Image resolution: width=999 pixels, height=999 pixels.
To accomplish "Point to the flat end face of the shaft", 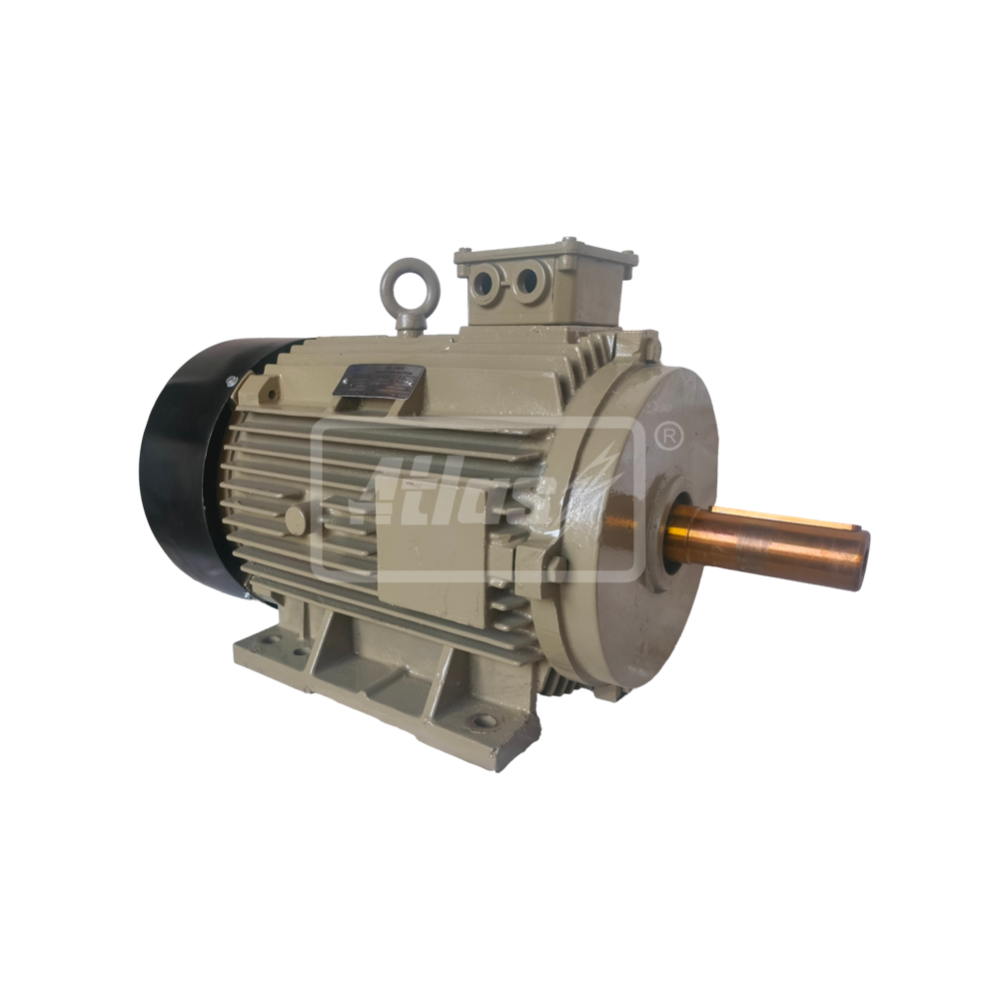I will point(861,544).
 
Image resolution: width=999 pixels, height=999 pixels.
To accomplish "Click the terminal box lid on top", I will point(544,250).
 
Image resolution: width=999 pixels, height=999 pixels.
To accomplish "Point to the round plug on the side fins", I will point(295,519).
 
